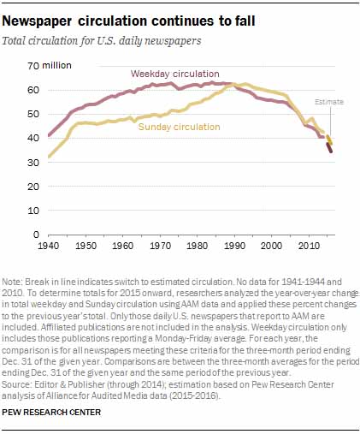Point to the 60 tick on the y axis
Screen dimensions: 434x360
(33, 90)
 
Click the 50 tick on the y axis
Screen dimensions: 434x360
(33, 114)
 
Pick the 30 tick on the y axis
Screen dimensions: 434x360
(33, 162)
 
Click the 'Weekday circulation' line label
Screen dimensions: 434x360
(176, 74)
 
